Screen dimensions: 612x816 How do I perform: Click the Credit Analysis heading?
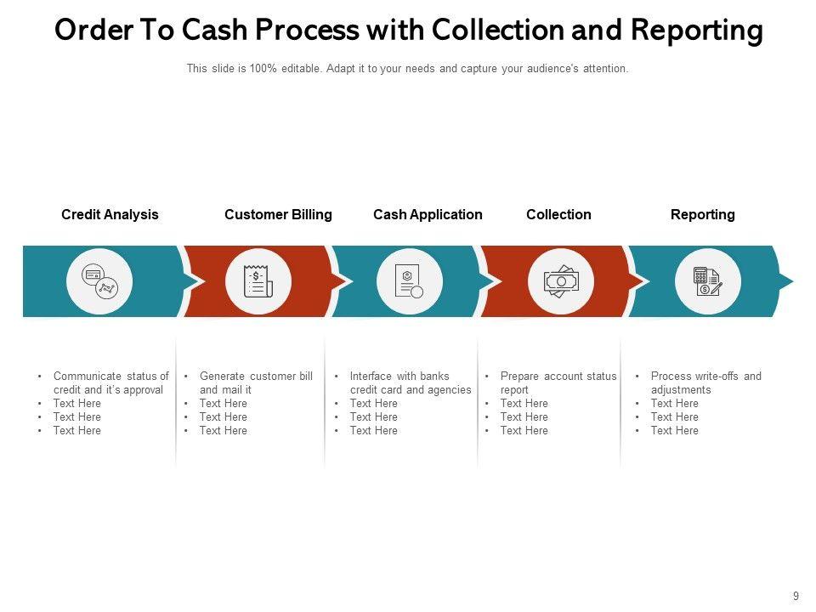pos(110,215)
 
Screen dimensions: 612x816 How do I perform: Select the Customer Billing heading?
pos(278,215)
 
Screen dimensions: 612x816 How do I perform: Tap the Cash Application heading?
pos(428,215)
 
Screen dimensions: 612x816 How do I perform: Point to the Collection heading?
pos(558,215)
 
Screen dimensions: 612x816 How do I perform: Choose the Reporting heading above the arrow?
pos(702,215)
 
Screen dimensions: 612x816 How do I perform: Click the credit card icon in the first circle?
pos(92,275)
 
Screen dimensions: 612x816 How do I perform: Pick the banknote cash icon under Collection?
pos(561,281)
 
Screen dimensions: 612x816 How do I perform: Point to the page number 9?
pos(796,597)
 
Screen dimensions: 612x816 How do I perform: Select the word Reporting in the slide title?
pos(697,31)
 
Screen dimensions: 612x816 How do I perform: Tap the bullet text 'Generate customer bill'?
pos(256,376)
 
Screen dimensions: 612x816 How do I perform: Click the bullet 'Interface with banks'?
pos(399,376)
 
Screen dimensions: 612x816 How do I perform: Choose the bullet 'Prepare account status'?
pos(558,376)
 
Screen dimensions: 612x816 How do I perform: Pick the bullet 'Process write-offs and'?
pos(705,376)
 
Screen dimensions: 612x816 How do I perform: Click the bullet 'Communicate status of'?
pos(110,376)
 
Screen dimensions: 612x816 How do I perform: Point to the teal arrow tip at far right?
pos(787,281)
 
